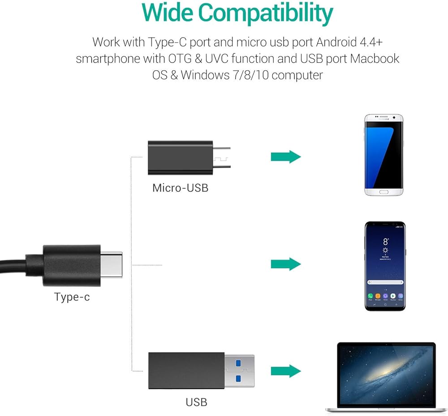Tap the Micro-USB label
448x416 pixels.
point(180,187)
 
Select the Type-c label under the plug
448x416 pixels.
point(72,297)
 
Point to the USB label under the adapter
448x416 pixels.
point(196,402)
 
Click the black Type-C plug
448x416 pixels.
point(72,265)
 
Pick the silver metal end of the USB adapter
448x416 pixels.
point(239,370)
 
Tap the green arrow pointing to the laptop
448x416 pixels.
point(285,370)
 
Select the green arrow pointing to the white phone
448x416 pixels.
point(285,157)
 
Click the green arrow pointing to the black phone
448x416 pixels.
point(285,264)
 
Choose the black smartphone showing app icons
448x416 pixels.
point(385,266)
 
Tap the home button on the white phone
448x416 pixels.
point(384,191)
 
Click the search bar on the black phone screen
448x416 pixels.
point(385,282)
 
